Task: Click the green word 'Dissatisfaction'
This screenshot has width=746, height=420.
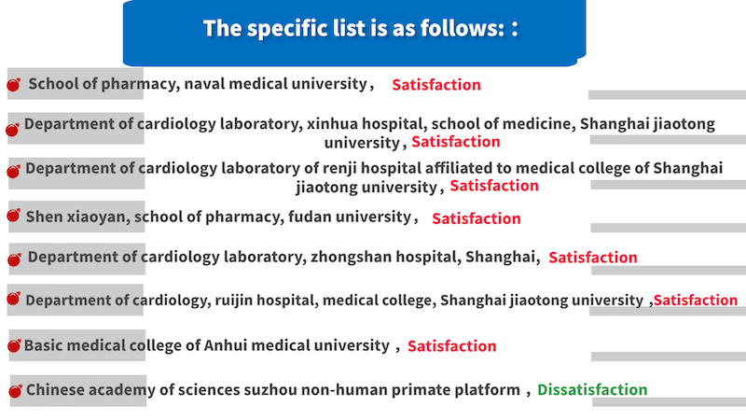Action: (592, 389)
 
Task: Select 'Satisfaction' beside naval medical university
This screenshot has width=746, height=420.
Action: (436, 85)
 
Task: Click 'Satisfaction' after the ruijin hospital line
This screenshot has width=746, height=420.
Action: (696, 300)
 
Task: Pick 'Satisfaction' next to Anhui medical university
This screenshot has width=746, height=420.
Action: (452, 345)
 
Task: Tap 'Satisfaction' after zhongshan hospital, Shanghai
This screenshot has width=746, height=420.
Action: (593, 258)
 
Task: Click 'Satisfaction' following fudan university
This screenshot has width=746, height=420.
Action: (477, 218)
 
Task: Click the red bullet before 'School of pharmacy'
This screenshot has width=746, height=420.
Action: (14, 85)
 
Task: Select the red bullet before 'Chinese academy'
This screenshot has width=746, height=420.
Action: (15, 391)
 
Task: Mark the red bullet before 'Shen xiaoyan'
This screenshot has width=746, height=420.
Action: (14, 216)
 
